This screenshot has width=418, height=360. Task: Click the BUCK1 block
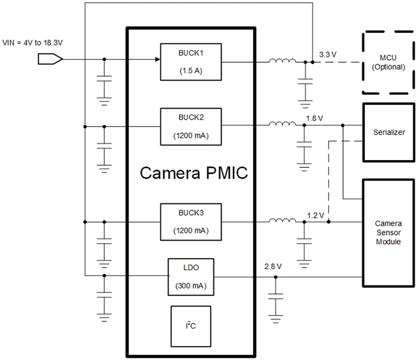(191, 62)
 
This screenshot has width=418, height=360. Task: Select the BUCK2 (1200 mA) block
(191, 126)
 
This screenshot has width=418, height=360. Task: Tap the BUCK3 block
(191, 222)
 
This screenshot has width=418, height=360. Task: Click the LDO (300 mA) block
(191, 277)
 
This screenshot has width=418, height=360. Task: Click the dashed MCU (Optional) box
(388, 63)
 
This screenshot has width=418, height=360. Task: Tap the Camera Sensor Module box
(388, 232)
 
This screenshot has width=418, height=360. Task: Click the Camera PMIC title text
(194, 173)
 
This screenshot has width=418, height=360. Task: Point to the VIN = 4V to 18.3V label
(32, 43)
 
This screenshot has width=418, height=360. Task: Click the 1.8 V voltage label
(314, 118)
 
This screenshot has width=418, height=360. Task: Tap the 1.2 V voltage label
(315, 215)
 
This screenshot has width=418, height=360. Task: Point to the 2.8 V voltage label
(273, 267)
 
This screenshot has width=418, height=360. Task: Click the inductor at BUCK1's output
(282, 61)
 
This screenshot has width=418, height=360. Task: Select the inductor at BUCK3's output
(282, 221)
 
